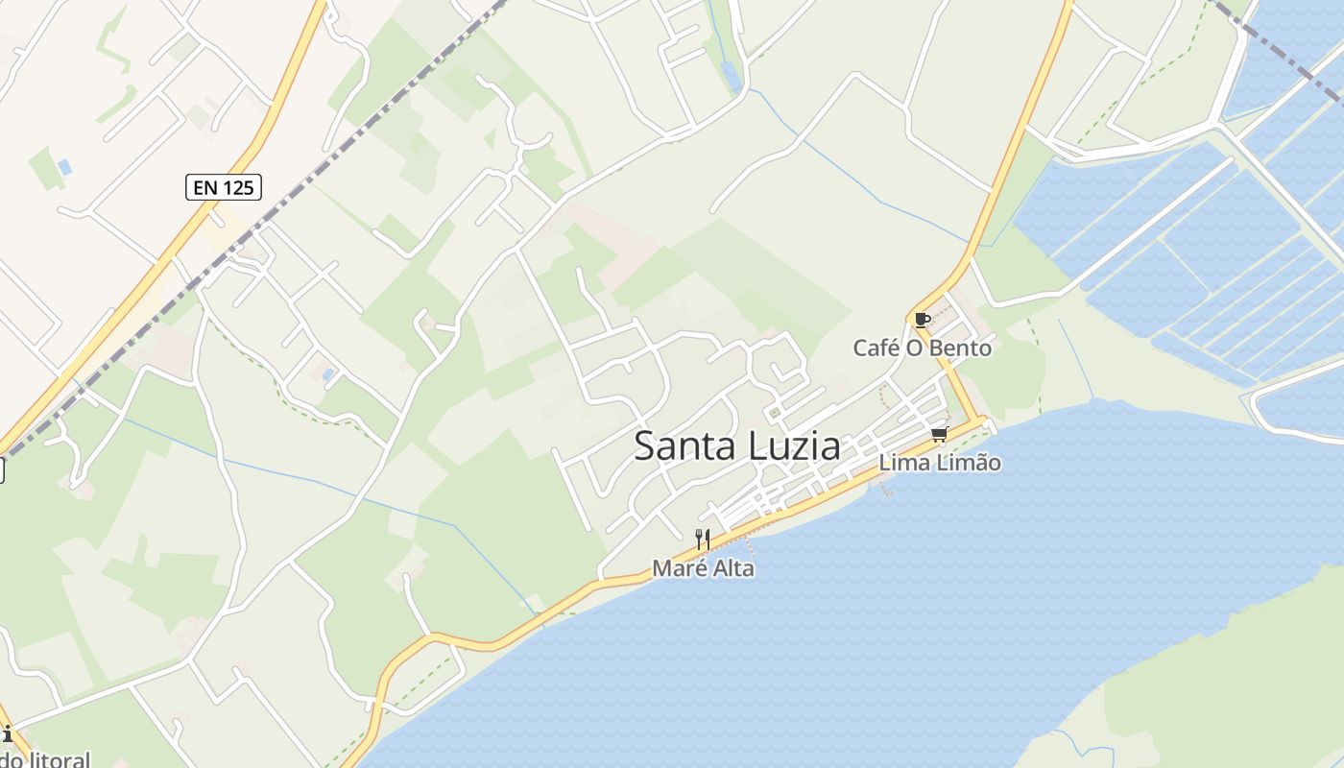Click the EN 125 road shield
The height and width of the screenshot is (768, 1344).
(x=224, y=187)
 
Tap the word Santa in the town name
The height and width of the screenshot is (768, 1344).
(x=683, y=446)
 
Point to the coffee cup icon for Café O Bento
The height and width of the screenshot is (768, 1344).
(x=922, y=320)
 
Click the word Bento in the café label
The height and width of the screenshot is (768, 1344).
(x=960, y=348)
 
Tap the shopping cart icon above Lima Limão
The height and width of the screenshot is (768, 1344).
(x=939, y=435)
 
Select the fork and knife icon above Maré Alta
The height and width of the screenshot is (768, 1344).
(x=703, y=540)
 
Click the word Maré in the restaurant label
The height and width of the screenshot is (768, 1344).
(x=676, y=568)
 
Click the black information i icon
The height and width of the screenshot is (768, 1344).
(x=8, y=734)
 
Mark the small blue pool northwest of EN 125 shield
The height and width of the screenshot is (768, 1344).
(x=65, y=167)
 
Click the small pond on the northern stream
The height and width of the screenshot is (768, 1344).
(x=732, y=77)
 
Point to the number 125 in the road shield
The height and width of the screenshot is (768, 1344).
(x=238, y=187)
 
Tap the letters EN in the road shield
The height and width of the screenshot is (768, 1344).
(x=204, y=187)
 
